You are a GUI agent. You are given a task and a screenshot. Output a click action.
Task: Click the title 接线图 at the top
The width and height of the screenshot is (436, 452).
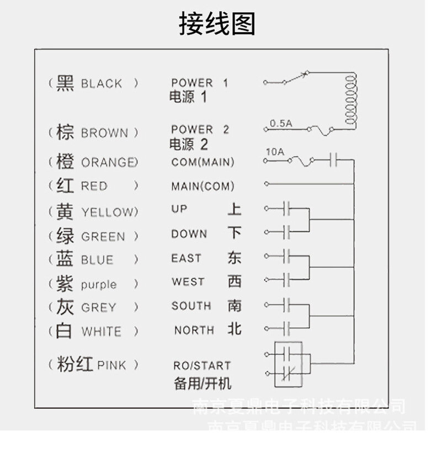coord(217,24)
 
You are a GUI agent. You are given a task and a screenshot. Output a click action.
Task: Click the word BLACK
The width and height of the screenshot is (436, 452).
coord(102,84)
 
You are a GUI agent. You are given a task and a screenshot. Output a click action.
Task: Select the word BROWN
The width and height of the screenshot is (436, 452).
coord(104,133)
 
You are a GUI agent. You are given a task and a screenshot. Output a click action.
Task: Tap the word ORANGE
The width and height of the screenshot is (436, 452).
coord(109,162)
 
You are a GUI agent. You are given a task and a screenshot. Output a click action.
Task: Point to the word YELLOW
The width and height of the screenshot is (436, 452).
coord(108,212)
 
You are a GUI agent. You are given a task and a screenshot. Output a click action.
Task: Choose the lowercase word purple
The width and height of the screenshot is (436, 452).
coord(99,285)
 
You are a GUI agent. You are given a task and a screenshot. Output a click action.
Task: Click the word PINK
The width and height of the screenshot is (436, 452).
coord(111,365)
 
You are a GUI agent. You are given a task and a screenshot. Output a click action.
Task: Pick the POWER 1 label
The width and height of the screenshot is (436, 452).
coord(199,83)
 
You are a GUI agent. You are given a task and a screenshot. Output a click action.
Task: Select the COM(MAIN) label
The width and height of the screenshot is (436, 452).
coord(203,162)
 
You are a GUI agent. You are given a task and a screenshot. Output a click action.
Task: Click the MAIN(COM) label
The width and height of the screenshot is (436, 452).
coord(203,187)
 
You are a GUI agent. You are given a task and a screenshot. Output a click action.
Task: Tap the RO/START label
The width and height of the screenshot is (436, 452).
coord(202,365)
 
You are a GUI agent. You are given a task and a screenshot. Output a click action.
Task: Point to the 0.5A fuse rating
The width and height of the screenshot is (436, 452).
coord(281,124)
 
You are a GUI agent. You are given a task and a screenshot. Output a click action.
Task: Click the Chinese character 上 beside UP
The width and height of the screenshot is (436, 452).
coord(235,209)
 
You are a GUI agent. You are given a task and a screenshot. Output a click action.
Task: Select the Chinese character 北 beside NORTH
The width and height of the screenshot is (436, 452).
coord(235,329)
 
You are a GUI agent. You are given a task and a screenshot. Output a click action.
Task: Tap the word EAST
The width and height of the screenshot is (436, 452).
coord(187,258)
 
